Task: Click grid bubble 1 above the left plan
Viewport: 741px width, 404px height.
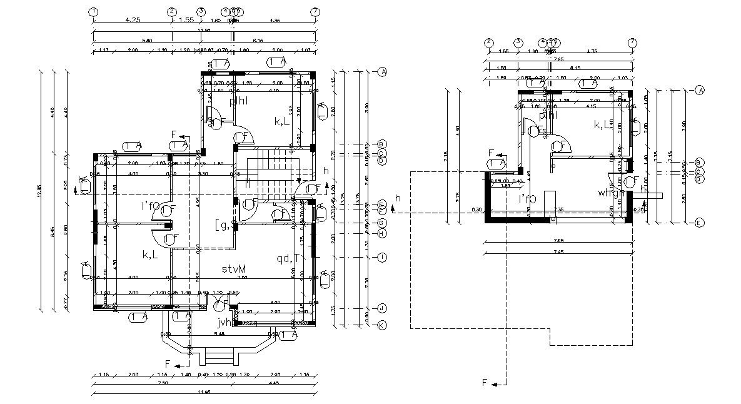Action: pyautogui.click(x=93, y=12)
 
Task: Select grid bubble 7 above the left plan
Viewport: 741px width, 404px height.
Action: pyautogui.click(x=316, y=12)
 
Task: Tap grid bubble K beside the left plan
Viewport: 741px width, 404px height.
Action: pyautogui.click(x=381, y=325)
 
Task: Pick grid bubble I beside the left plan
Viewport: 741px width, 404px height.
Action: pyautogui.click(x=381, y=257)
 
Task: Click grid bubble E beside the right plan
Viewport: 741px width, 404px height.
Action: pyautogui.click(x=700, y=222)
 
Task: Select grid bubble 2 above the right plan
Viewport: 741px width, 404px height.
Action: pyautogui.click(x=489, y=43)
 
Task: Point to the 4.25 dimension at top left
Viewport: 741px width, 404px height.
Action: pyautogui.click(x=132, y=20)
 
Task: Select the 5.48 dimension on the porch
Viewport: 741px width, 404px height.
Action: pyautogui.click(x=219, y=335)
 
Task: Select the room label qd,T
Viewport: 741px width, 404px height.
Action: pyautogui.click(x=285, y=258)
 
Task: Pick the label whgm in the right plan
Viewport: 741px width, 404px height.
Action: pyautogui.click(x=611, y=193)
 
